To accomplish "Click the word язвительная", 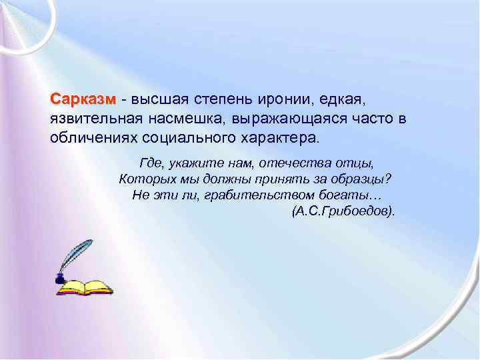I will coord(94,120).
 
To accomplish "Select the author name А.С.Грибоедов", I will coord(343,211).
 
